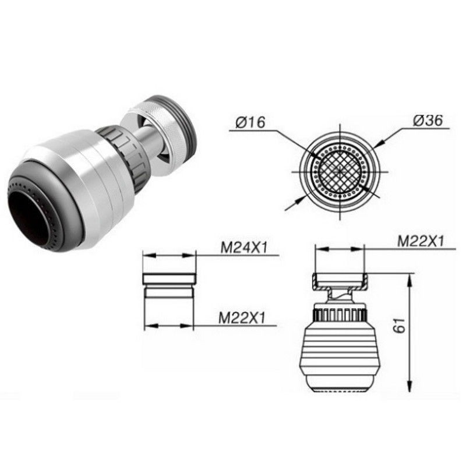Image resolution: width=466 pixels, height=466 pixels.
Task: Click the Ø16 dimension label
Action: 250,122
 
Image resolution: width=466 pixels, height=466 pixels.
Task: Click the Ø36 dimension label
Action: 428,121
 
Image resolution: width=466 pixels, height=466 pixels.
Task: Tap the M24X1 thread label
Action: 244,248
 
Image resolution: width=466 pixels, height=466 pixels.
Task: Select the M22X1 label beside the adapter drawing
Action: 242,318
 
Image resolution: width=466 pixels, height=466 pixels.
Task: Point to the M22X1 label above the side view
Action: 420,241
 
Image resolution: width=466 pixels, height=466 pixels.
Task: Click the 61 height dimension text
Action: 399,326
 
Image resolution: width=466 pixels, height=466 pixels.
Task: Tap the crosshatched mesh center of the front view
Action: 340,172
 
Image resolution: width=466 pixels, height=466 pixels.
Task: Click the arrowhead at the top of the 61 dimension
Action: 409,281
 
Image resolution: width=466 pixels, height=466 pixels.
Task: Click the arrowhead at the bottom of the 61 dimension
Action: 409,385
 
